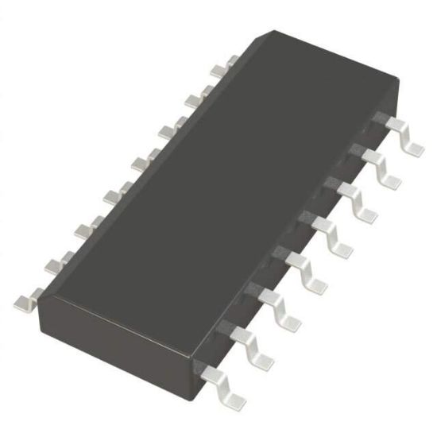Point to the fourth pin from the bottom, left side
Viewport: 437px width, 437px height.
[111, 195]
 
